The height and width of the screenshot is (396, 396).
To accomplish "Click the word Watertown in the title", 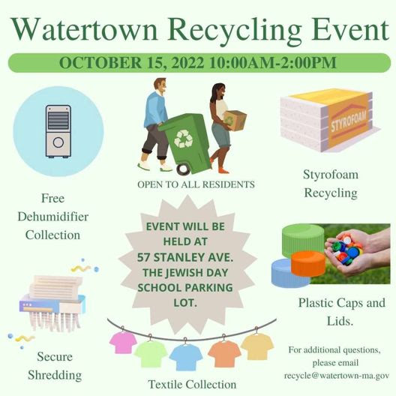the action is (84, 30).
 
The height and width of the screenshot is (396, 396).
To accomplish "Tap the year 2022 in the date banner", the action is (187, 63).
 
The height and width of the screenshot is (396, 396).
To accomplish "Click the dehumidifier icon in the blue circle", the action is (58, 131).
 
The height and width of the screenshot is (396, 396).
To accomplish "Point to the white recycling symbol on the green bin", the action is (184, 139).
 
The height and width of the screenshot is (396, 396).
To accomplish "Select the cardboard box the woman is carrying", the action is (235, 121).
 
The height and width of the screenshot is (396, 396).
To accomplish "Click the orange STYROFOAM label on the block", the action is (349, 121).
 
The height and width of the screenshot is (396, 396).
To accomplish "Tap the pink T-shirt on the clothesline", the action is (123, 342).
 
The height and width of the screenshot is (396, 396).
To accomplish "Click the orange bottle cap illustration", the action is (308, 263).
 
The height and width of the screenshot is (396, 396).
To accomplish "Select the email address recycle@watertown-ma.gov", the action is (337, 376).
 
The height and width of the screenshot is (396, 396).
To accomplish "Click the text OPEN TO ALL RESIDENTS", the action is (196, 184).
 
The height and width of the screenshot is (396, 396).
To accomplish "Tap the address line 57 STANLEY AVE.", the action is (185, 257).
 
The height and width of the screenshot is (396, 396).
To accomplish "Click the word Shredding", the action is (55, 375).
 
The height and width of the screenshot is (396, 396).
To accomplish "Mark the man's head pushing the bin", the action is (160, 85).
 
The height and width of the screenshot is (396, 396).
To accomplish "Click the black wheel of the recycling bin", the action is (183, 169).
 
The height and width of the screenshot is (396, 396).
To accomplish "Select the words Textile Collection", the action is (192, 385).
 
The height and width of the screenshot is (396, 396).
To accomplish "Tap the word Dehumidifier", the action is (53, 217).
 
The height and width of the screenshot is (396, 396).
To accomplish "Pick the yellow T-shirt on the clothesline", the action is (257, 346).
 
